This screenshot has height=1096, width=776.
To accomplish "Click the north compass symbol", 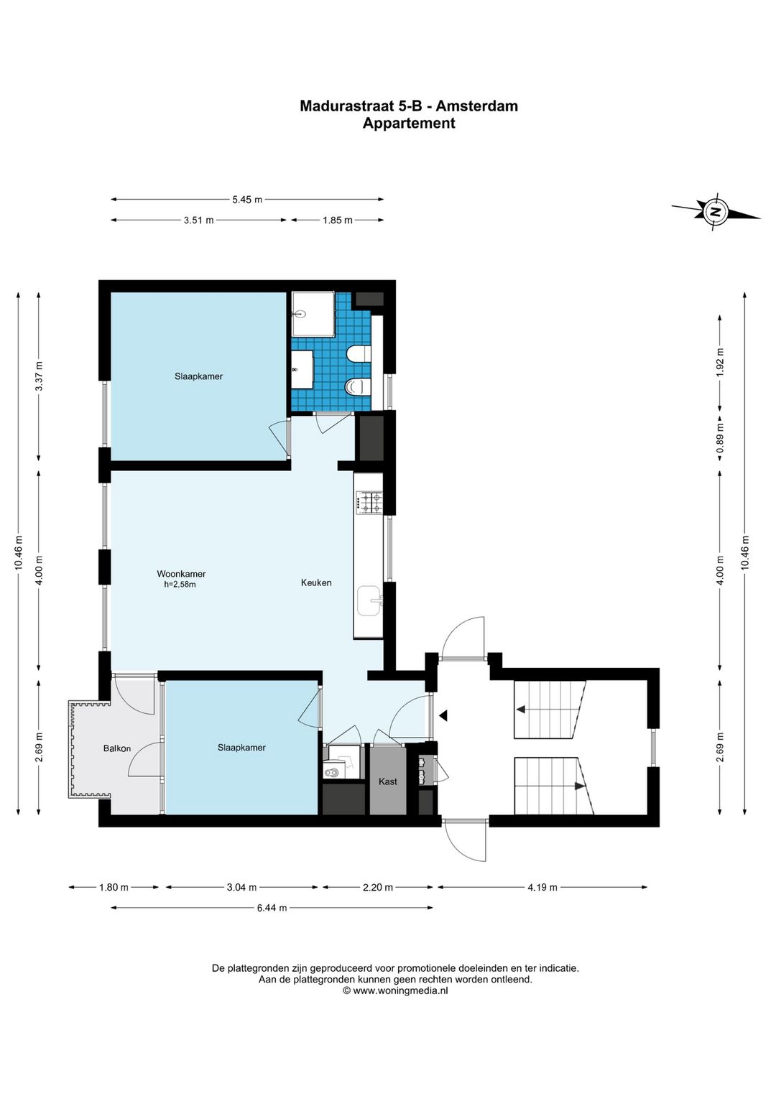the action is [x=716, y=212].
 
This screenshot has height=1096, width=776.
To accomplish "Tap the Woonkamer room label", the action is [x=181, y=573].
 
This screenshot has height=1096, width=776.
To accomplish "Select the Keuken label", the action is [x=316, y=582].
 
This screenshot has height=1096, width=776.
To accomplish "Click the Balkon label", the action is [x=117, y=748].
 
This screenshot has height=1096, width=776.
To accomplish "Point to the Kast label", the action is [x=388, y=781].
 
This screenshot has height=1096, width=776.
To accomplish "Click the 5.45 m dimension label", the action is [x=247, y=199].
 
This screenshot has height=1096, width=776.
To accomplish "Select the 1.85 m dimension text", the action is [x=337, y=220].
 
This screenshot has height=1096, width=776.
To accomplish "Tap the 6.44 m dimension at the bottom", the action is [x=272, y=908].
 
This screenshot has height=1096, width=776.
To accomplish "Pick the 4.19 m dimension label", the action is [x=542, y=887].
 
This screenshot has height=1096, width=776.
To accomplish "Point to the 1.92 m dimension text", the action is [x=720, y=362].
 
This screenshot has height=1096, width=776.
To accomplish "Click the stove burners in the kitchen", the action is [x=369, y=503].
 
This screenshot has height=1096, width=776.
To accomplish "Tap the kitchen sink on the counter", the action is [x=369, y=600].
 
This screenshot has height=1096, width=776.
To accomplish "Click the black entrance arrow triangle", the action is [x=443, y=716].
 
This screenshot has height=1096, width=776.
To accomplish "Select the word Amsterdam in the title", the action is [x=476, y=106].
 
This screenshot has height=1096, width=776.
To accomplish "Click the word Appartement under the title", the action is [x=409, y=124].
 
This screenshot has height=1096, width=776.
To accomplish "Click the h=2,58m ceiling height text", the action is [x=180, y=584].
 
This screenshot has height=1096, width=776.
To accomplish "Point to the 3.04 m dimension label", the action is [x=242, y=887].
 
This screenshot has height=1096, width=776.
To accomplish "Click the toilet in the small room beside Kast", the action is [x=335, y=771].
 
